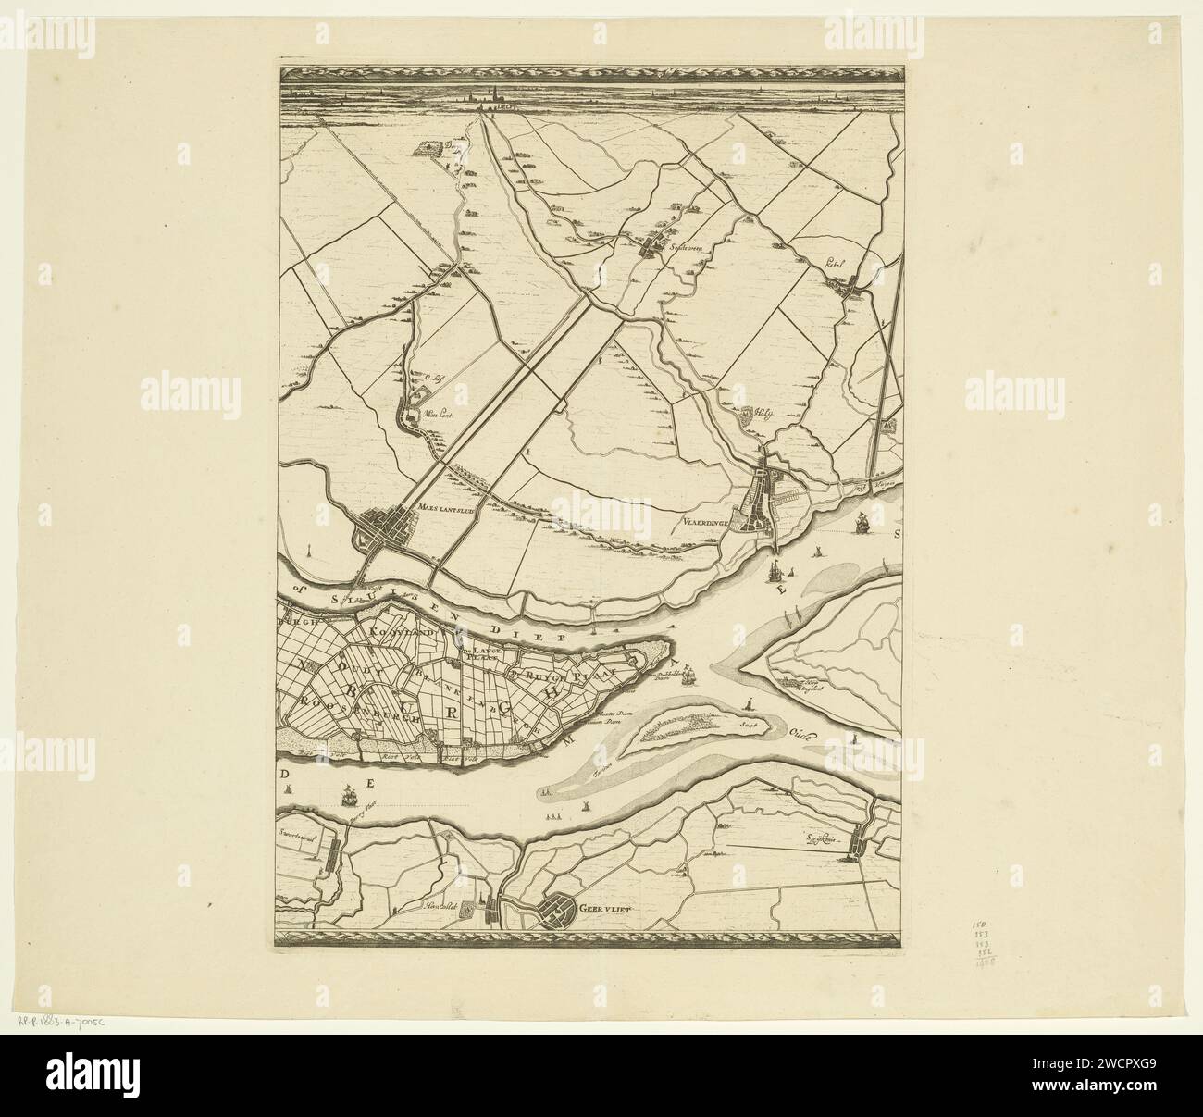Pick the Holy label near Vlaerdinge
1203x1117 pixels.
[762, 415]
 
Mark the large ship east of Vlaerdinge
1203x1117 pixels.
[861, 523]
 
